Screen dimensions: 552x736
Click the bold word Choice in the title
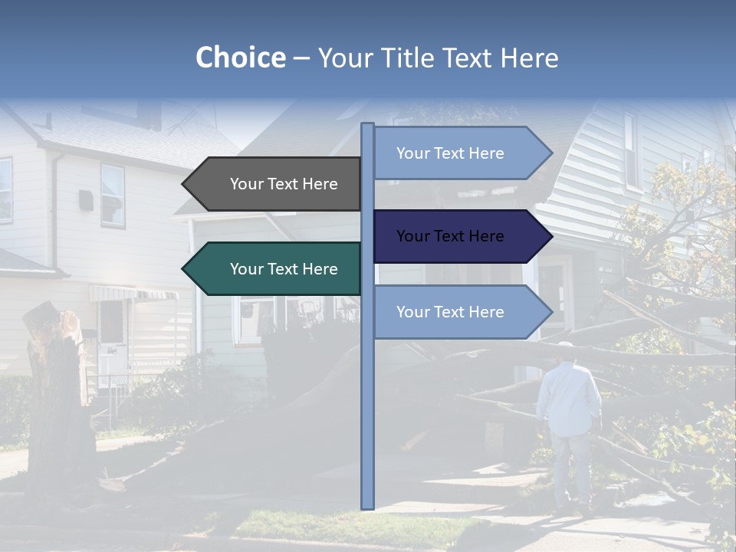click(x=240, y=58)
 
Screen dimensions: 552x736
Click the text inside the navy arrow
click(x=450, y=236)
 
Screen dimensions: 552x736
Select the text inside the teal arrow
click(x=284, y=269)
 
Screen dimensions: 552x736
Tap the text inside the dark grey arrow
click(x=284, y=184)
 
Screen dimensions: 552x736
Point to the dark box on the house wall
click(x=86, y=201)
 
